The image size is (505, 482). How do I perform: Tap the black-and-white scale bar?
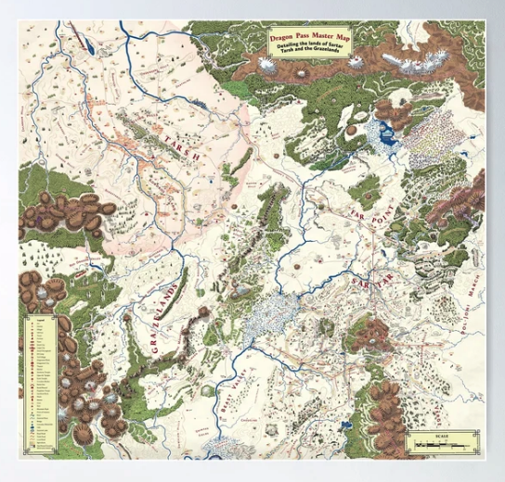[443, 447]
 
